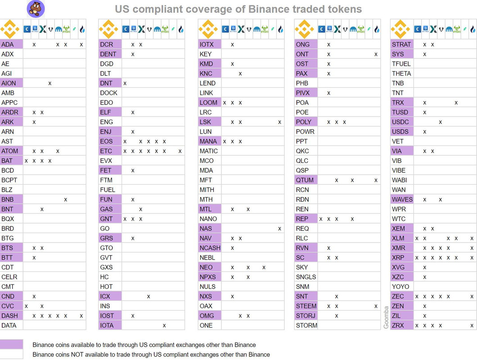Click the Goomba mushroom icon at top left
36,9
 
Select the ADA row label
8,45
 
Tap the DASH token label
9,316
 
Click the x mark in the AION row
50,83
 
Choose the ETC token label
106,151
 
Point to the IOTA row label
107,325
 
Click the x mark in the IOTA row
164,325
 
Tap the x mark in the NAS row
279,229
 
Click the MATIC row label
209,151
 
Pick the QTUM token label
305,180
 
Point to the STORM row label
306,325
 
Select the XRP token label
398,258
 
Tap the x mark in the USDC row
441,122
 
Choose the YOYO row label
400,287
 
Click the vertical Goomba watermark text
386,318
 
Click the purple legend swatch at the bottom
11,345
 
